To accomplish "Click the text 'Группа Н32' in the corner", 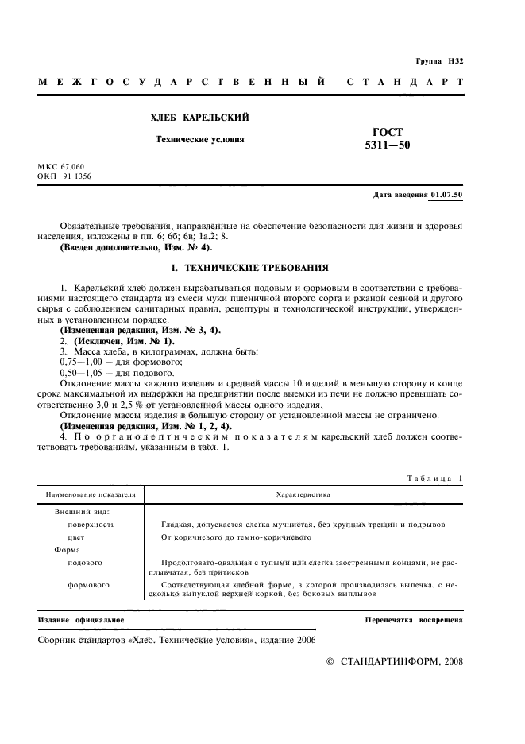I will point(439,61).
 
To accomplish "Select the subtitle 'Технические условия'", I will point(199,139).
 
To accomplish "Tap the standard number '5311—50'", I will point(388,145).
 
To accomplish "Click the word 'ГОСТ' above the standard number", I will point(388,131).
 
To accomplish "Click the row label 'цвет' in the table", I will point(76,537).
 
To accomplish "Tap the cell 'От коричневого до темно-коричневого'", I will point(234,537).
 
